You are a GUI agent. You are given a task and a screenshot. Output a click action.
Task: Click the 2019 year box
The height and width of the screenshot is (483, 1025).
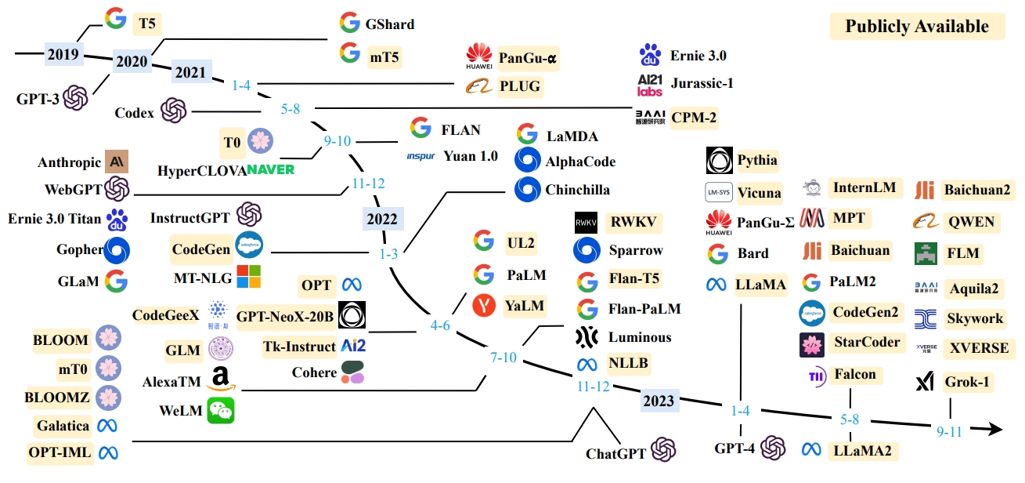[63, 54]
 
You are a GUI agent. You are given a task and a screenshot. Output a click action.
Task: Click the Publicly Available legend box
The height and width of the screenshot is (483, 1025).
[916, 27]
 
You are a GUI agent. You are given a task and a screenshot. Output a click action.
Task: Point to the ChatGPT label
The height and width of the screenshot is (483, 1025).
[616, 453]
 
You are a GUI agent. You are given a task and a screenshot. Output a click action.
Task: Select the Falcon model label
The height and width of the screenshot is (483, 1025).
[854, 374]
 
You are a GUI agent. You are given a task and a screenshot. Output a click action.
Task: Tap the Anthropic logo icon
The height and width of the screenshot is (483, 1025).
[117, 162]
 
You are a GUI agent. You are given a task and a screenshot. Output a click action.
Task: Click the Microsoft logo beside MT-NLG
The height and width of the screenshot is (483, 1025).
[248, 276]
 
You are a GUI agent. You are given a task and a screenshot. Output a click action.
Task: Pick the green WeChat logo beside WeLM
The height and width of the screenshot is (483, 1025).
[220, 410]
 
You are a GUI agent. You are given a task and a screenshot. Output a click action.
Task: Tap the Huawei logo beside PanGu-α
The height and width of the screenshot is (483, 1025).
[478, 56]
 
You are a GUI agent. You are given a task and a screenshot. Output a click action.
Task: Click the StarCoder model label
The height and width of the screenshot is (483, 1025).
[868, 343]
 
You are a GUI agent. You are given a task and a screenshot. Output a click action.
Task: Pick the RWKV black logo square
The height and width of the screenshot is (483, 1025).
[586, 223]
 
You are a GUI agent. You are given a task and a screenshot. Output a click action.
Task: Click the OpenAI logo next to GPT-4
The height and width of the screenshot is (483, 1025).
[773, 448]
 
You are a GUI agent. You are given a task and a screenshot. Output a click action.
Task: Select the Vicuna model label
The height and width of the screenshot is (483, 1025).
[759, 192]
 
